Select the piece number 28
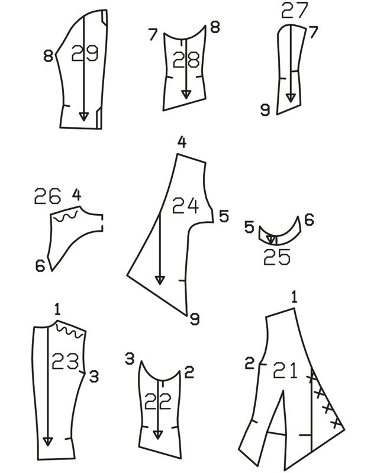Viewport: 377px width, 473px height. coord(185,60)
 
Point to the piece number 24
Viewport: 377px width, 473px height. coord(185,205)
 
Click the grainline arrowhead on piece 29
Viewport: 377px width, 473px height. coord(83,116)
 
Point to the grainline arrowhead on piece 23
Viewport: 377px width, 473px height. coord(47,440)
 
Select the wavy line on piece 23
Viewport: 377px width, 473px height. coord(71,330)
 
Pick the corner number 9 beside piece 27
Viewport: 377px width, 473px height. coord(266,109)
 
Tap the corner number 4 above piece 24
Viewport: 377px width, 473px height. coord(182,142)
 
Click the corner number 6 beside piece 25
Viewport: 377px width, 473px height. coord(308,221)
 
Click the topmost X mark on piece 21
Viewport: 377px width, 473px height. coord(311,376)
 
